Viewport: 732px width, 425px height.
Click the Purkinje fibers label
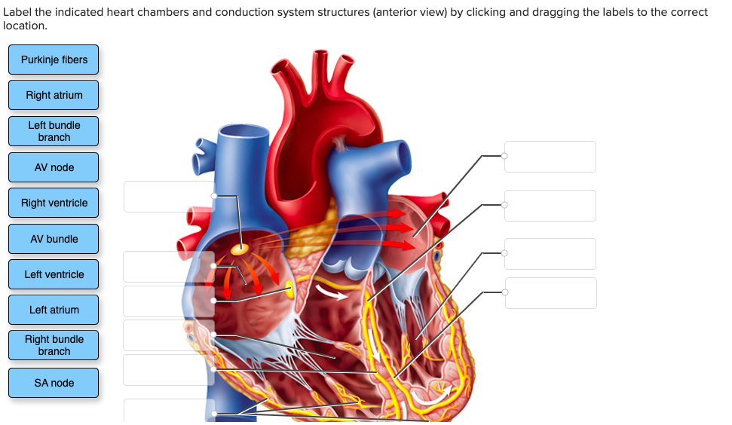pyautogui.click(x=54, y=60)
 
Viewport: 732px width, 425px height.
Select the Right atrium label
pyautogui.click(x=54, y=95)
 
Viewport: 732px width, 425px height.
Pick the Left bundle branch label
pyautogui.click(x=54, y=131)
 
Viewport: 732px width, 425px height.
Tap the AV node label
pyautogui.click(x=54, y=167)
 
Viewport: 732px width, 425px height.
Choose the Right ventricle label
pyautogui.click(x=54, y=203)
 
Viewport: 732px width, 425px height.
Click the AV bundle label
pyautogui.click(x=54, y=239)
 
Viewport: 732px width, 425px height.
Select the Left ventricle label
pyautogui.click(x=54, y=274)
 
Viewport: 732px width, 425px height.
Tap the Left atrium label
pyautogui.click(x=54, y=310)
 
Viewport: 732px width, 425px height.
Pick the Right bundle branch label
pyautogui.click(x=54, y=345)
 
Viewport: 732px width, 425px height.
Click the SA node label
pyautogui.click(x=54, y=383)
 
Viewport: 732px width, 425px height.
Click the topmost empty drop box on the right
pyautogui.click(x=550, y=157)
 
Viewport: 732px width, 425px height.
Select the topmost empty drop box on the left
pyautogui.click(x=168, y=197)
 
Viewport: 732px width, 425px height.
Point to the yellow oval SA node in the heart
pyautogui.click(x=240, y=248)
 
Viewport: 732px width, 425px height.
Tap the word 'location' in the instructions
pyautogui.click(x=24, y=26)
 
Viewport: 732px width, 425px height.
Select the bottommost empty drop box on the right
pyautogui.click(x=550, y=293)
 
